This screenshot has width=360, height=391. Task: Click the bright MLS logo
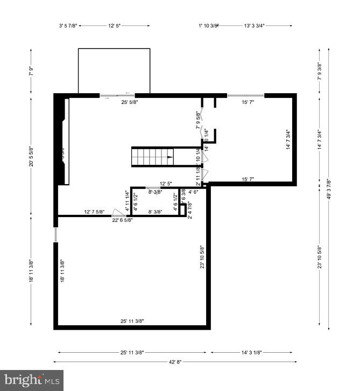[x=32, y=380]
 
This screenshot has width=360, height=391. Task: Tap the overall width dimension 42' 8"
[x=174, y=362]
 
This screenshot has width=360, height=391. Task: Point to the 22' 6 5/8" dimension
[x=124, y=220]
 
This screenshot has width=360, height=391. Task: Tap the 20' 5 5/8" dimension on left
[x=31, y=157]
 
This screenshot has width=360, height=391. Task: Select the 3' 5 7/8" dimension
[x=68, y=25]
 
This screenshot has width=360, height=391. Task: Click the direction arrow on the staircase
[x=170, y=157]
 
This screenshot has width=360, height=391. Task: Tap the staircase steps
[x=151, y=157]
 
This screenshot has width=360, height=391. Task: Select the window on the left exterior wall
[x=55, y=235]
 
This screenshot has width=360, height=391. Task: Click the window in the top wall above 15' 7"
[x=245, y=95]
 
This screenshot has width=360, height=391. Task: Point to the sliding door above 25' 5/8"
[x=117, y=95]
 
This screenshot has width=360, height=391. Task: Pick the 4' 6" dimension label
[x=193, y=191]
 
